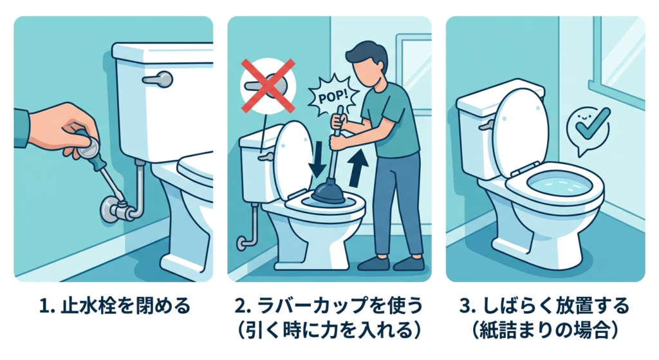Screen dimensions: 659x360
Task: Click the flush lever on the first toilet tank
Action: (158, 79)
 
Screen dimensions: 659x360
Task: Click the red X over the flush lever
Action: (268, 86)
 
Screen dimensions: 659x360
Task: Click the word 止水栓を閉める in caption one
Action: (125, 306)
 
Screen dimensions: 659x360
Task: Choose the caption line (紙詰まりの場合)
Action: (545, 330)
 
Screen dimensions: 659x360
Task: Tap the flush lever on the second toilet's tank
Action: (265, 157)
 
